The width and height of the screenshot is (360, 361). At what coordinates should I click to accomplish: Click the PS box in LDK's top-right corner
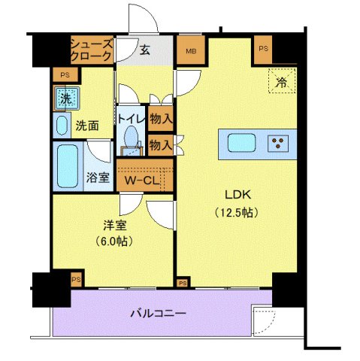pyautogui.click(x=262, y=48)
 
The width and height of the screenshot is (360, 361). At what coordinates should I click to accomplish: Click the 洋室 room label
pyautogui.click(x=113, y=224)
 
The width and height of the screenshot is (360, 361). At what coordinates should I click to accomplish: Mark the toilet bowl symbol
pyautogui.click(x=132, y=140)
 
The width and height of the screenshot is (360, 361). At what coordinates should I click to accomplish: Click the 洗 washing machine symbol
pyautogui.click(x=65, y=98)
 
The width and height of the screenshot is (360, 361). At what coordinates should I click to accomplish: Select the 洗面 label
pyautogui.click(x=87, y=126)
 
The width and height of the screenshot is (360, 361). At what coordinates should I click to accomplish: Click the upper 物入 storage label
pyautogui.click(x=161, y=117)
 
